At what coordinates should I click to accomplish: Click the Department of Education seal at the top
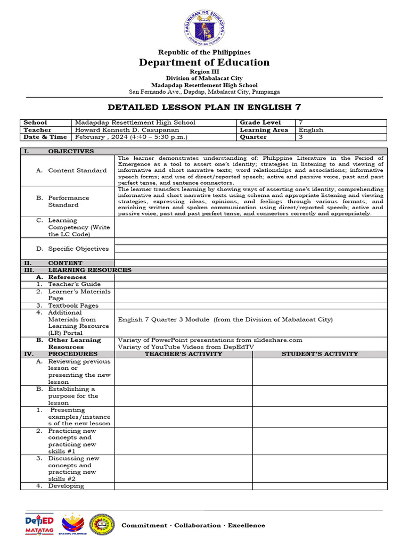(204, 24)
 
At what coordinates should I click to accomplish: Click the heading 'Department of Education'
(204, 62)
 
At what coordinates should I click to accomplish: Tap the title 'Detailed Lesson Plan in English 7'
(204, 107)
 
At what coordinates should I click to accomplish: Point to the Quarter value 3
(301, 137)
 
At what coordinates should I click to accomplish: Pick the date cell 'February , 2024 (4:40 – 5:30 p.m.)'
(131, 137)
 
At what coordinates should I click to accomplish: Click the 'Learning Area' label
(264, 130)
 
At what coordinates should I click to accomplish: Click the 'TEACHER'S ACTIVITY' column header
(184, 354)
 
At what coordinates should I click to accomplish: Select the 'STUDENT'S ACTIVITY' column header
(320, 354)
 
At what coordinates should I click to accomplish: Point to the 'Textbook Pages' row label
(73, 305)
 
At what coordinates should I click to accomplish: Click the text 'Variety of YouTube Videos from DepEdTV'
(185, 347)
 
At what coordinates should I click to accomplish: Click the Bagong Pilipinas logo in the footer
(73, 525)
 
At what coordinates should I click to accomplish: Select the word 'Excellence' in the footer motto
(246, 525)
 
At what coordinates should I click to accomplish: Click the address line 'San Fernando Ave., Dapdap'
(204, 92)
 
